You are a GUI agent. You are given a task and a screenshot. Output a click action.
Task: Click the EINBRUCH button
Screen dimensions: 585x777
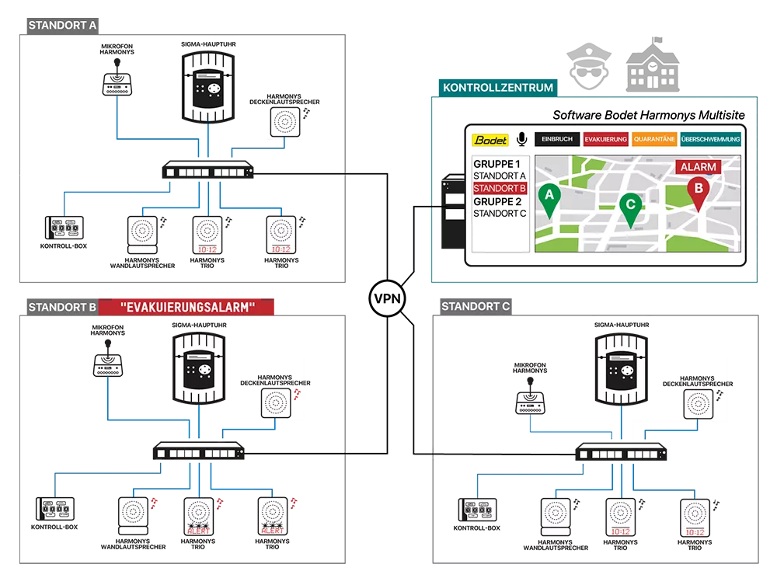click(x=557, y=139)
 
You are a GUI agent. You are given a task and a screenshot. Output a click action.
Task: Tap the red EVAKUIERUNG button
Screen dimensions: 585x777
click(x=605, y=139)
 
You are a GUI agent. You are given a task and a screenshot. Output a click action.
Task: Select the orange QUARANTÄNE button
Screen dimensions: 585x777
click(x=653, y=139)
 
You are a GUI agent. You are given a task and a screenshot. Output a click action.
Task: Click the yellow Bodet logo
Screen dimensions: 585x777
click(x=491, y=140)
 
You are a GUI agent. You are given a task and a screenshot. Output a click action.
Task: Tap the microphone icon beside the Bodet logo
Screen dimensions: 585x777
click(x=521, y=139)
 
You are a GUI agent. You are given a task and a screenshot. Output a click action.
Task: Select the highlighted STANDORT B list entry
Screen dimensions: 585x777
click(x=500, y=188)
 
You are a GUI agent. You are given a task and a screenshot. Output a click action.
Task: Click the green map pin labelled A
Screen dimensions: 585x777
click(x=549, y=197)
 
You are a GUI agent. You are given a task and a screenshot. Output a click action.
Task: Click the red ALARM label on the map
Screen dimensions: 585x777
click(x=698, y=167)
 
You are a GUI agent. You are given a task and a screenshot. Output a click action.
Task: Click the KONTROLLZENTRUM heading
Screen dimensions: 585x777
click(x=497, y=88)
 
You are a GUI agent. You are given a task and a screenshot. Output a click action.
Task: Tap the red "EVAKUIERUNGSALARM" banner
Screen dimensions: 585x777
click(x=188, y=308)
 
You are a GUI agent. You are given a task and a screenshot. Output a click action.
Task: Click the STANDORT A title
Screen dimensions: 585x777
click(x=62, y=25)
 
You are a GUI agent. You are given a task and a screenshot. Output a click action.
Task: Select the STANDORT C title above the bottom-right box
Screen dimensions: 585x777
click(x=476, y=306)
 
